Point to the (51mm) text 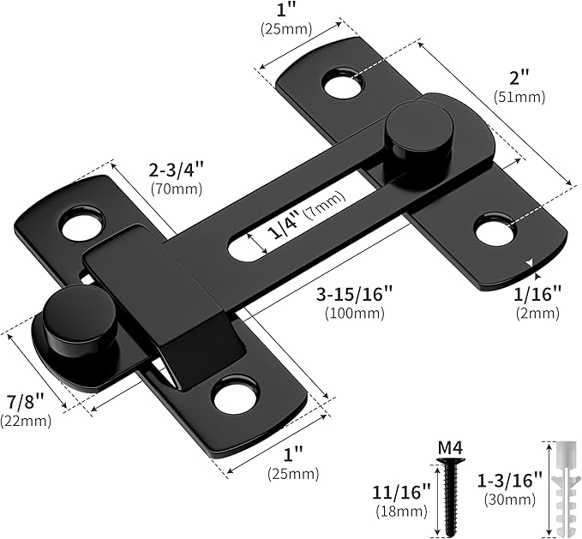519,97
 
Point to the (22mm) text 26,420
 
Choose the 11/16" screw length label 401,494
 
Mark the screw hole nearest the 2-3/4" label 81,224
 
